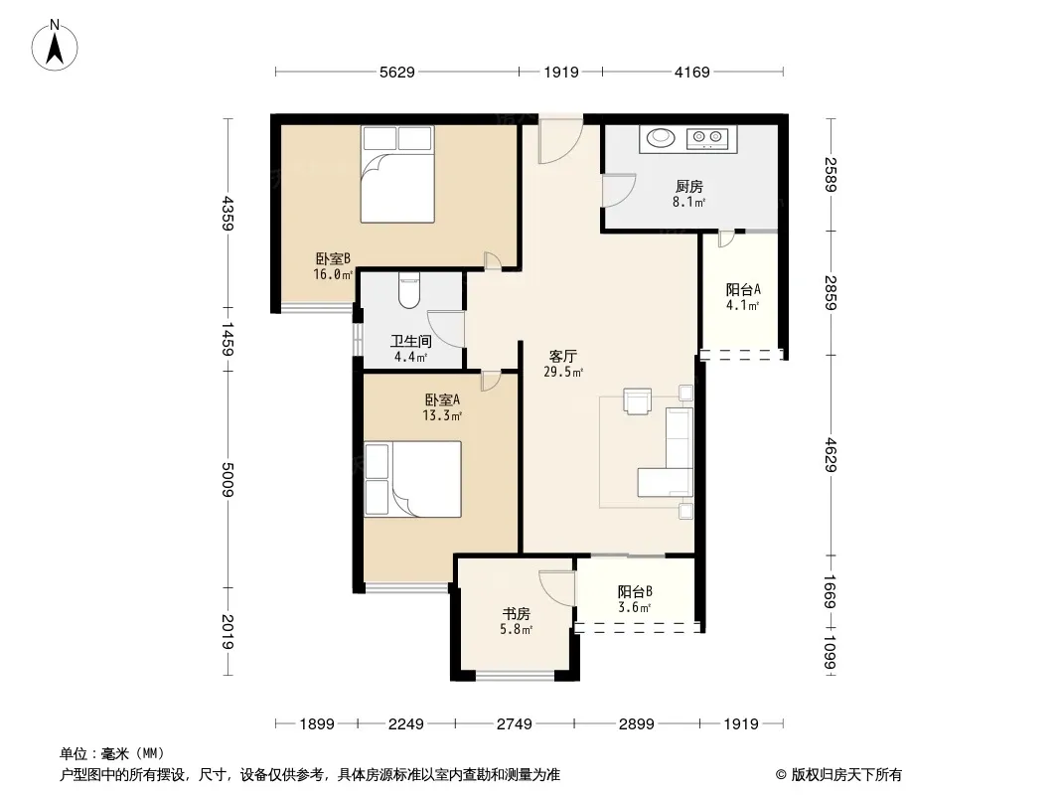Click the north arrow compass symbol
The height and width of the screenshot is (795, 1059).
pos(55,46)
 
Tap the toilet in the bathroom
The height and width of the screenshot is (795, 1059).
pos(409,290)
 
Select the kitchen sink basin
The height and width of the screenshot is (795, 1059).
pos(661,138)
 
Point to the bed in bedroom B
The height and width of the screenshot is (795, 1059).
pos(397,174)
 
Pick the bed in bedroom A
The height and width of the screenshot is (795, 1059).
pos(412,480)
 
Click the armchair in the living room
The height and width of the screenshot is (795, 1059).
pos(637,400)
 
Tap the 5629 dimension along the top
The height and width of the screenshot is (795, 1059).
pos(397,73)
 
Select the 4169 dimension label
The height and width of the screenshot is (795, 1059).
pos(692,73)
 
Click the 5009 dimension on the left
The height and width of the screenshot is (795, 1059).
pos(227,480)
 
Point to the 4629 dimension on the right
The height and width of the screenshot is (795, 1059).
pos(831,455)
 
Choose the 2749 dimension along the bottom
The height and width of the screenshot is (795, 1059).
pos(515,724)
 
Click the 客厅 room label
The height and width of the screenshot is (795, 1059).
pos(562,356)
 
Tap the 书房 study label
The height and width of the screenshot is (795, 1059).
pos(516,614)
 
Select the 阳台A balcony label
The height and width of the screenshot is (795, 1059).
pos(744,290)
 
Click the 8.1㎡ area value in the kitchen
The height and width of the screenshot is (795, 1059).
pos(688,202)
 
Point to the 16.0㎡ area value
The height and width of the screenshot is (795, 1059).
pos(333,274)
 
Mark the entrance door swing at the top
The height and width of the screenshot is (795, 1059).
pos(560,139)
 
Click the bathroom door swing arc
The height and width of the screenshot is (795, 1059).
pos(446,329)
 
